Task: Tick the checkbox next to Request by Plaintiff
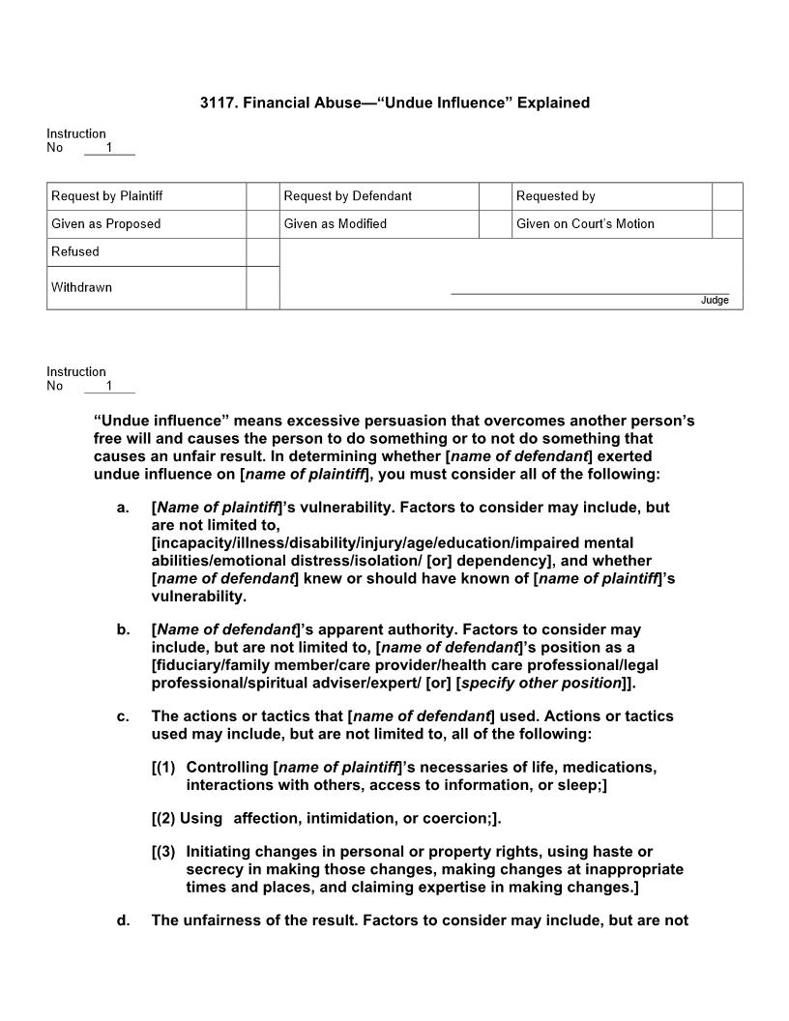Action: [262, 196]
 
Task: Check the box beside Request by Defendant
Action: [494, 196]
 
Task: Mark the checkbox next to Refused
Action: [262, 252]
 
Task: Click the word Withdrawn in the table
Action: [81, 287]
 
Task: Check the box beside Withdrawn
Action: [262, 288]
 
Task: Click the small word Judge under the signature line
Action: [715, 301]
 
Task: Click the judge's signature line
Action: [590, 292]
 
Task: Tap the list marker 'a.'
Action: [123, 508]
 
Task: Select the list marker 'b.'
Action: [123, 630]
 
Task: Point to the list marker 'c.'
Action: [123, 716]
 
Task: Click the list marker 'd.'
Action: [123, 920]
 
